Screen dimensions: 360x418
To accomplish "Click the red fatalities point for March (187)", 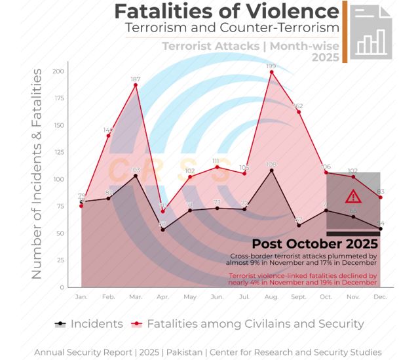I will (136, 85).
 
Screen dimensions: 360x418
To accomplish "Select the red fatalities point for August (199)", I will (271, 72).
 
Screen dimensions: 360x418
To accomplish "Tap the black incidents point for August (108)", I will (271, 170).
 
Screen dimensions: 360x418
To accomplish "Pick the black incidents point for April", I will (163, 230).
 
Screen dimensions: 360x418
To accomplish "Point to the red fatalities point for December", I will (380, 197).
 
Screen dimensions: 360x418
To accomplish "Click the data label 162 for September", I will (298, 106).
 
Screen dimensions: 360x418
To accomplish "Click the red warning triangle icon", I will (353, 196).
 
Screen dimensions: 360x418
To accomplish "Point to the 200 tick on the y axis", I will (58, 71).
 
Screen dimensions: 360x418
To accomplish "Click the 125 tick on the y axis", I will (58, 152).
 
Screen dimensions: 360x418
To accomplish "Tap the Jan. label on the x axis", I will (81, 297).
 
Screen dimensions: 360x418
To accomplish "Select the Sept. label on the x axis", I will (298, 297).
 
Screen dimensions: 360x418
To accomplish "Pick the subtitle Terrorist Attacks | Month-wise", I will (250, 46).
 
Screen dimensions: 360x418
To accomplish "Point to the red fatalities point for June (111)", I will (217, 167).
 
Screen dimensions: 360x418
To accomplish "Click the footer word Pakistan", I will (185, 352).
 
